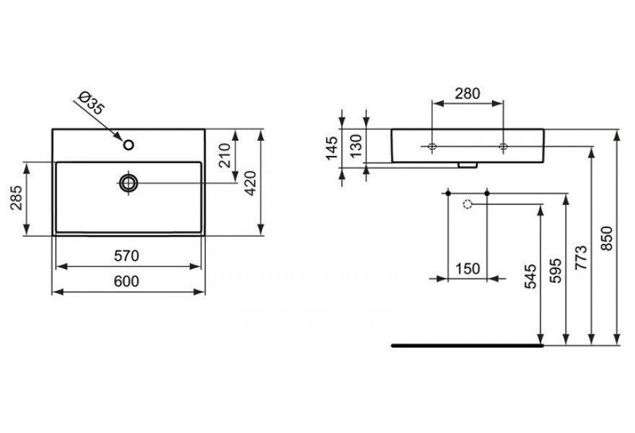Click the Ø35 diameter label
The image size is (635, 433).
(x=92, y=103)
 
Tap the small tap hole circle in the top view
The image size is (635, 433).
(x=128, y=144)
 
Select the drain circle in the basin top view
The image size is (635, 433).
(x=128, y=183)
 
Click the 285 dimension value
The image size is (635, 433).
(x=17, y=198)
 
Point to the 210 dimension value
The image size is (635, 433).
(x=224, y=155)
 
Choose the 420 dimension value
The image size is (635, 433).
(x=250, y=183)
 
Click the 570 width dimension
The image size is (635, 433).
(x=126, y=256)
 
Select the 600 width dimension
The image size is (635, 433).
(x=126, y=281)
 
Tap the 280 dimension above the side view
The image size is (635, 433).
(x=468, y=94)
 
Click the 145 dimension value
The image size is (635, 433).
(x=332, y=148)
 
